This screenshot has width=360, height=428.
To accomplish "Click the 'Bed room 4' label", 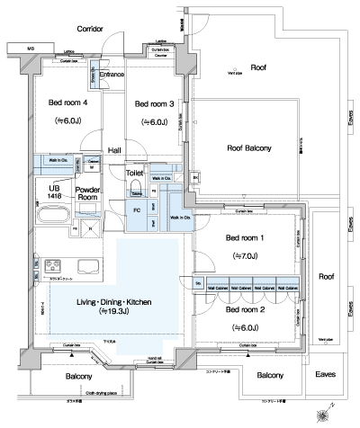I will pyautogui.click(x=67, y=103).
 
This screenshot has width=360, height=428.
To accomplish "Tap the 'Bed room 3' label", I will pyautogui.click(x=154, y=103).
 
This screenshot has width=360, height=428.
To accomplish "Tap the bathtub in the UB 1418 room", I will pyautogui.click(x=50, y=216).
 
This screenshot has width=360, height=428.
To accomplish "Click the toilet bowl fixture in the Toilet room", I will pyautogui.click(x=137, y=189).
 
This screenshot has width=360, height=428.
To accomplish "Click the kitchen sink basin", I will pyautogui.click(x=88, y=266).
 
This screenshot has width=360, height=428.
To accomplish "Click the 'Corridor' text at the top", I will pyautogui.click(x=90, y=29).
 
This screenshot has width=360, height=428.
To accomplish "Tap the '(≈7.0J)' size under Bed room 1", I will pyautogui.click(x=245, y=255).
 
